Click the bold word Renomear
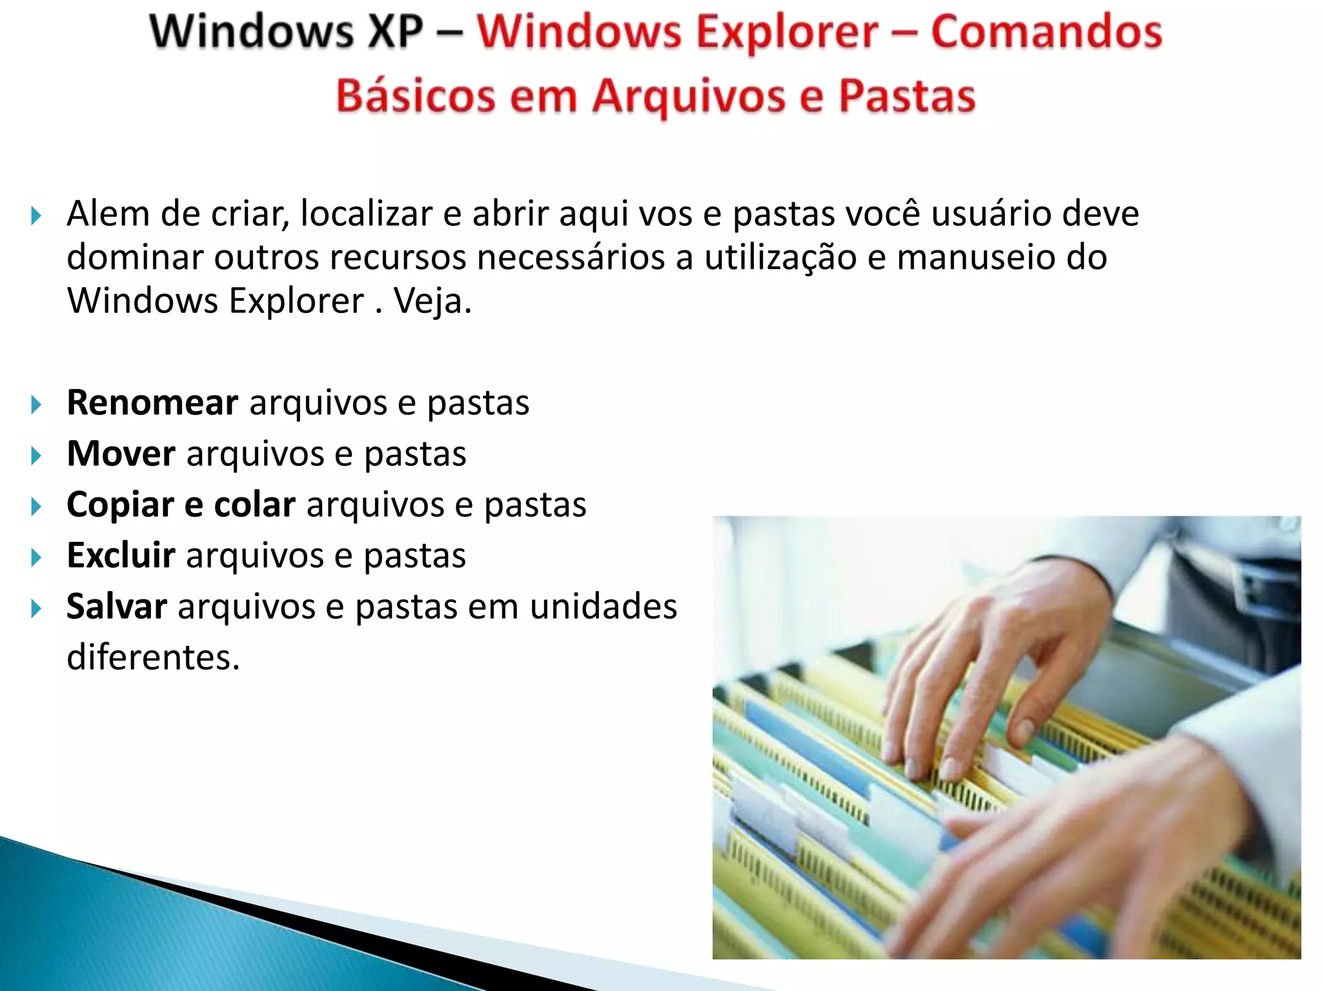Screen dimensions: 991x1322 [x=152, y=403]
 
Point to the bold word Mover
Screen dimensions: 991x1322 [x=121, y=454]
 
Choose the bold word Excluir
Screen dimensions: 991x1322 [x=121, y=556]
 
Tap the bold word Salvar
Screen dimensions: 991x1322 [x=117, y=606]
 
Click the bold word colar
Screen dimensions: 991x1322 [x=254, y=505]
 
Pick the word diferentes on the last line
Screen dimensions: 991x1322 [x=153, y=657]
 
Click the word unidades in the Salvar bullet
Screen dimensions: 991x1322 [x=603, y=606]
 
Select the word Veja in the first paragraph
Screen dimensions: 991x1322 [x=431, y=301]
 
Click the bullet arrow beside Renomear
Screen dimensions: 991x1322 [x=36, y=405]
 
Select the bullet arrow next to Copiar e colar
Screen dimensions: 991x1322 [x=36, y=506]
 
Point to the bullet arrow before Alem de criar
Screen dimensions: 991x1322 [x=36, y=215]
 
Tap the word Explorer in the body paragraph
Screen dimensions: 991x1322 [x=296, y=301]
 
